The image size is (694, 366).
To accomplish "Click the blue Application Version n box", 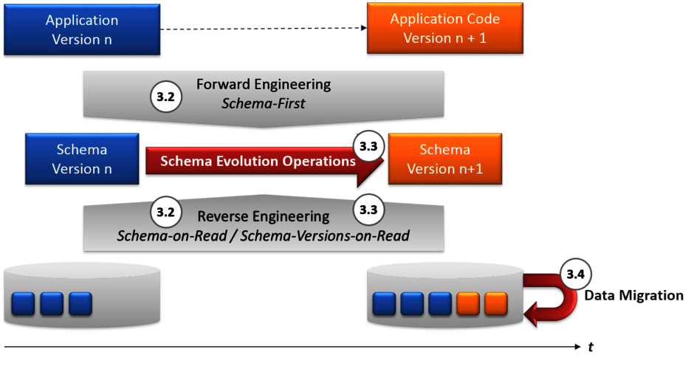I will coord(83,30).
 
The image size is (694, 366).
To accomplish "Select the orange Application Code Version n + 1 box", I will coord(444,29).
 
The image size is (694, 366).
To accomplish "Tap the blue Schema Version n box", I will coord(82,159).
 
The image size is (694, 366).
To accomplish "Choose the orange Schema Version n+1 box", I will coord(444,159).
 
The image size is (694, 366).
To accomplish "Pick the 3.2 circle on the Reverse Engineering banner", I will coord(165,212).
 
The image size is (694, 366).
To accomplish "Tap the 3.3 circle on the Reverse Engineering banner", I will coord(368,210).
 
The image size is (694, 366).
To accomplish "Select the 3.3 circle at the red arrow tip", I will coord(368,146).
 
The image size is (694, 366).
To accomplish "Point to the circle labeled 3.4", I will coord(574,275).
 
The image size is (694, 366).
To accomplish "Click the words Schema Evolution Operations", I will coord(258,161).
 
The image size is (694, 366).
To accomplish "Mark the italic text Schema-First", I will coord(264,103).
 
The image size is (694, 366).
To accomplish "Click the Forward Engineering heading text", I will coord(264,84).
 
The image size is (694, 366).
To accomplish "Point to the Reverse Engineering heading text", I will coord(264,216).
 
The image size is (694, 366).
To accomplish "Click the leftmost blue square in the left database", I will coord(24,303).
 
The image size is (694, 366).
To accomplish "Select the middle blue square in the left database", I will coord(52,303).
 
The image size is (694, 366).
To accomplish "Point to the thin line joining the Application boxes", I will coord(264,30).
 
